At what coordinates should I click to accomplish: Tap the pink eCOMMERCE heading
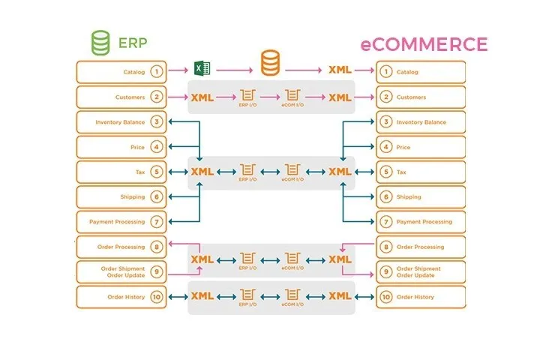(424, 43)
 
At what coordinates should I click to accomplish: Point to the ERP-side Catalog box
(121, 72)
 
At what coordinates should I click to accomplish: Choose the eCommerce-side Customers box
(421, 97)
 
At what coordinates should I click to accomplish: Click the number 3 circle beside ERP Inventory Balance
(156, 122)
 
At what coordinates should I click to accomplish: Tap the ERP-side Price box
(121, 147)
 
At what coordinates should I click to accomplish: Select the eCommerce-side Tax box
(421, 172)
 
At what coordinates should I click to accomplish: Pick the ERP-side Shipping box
(121, 196)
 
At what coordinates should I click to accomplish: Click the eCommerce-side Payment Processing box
(421, 222)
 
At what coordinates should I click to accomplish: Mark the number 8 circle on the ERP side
(156, 247)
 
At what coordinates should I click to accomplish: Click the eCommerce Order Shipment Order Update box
(421, 271)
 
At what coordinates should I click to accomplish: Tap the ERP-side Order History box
(121, 297)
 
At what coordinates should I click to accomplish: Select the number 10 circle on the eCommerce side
(385, 297)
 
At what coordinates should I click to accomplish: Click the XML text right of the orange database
(340, 70)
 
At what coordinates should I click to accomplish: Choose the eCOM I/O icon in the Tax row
(293, 170)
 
